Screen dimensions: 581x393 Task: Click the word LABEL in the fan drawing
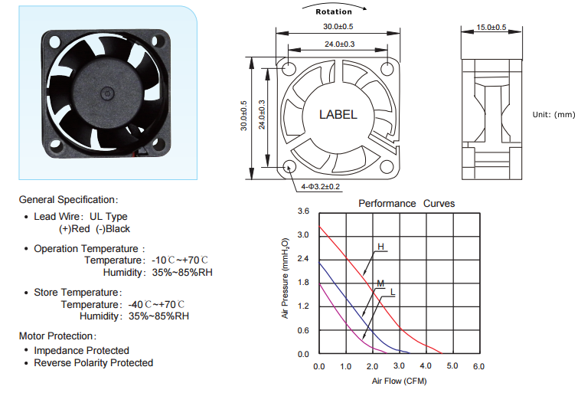point(338,115)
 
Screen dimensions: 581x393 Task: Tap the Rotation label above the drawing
point(334,11)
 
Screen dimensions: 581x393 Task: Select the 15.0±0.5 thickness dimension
point(491,27)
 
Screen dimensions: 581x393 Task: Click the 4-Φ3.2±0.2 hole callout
point(321,186)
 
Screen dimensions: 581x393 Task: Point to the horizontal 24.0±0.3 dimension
point(340,44)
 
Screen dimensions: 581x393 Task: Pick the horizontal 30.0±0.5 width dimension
point(338,27)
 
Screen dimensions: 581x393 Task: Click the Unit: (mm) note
point(554,115)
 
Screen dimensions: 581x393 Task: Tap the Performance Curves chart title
point(406,204)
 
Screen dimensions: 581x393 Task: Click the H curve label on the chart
point(380,247)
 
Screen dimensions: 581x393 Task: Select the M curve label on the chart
point(380,283)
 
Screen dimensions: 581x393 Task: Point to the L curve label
point(393,292)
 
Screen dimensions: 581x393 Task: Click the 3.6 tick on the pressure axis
point(303,211)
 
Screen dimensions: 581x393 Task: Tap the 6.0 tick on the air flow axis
point(478,366)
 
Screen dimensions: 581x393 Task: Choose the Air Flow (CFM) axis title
point(400,381)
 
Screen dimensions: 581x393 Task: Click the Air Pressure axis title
point(285,278)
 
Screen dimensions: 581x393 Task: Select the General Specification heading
point(69,200)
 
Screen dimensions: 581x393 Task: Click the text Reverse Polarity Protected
point(93,362)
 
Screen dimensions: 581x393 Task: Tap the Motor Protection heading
point(58,336)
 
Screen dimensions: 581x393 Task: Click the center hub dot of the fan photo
point(106,93)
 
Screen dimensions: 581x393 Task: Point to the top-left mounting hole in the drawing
point(289,69)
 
